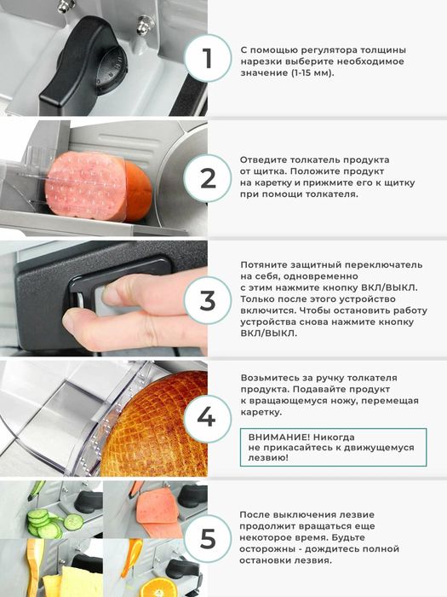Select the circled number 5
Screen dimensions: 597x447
pos(207,538)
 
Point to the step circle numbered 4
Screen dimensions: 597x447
pos(207,418)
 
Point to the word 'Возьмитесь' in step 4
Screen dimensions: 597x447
pos(271,378)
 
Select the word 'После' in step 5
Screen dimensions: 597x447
pos(255,515)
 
